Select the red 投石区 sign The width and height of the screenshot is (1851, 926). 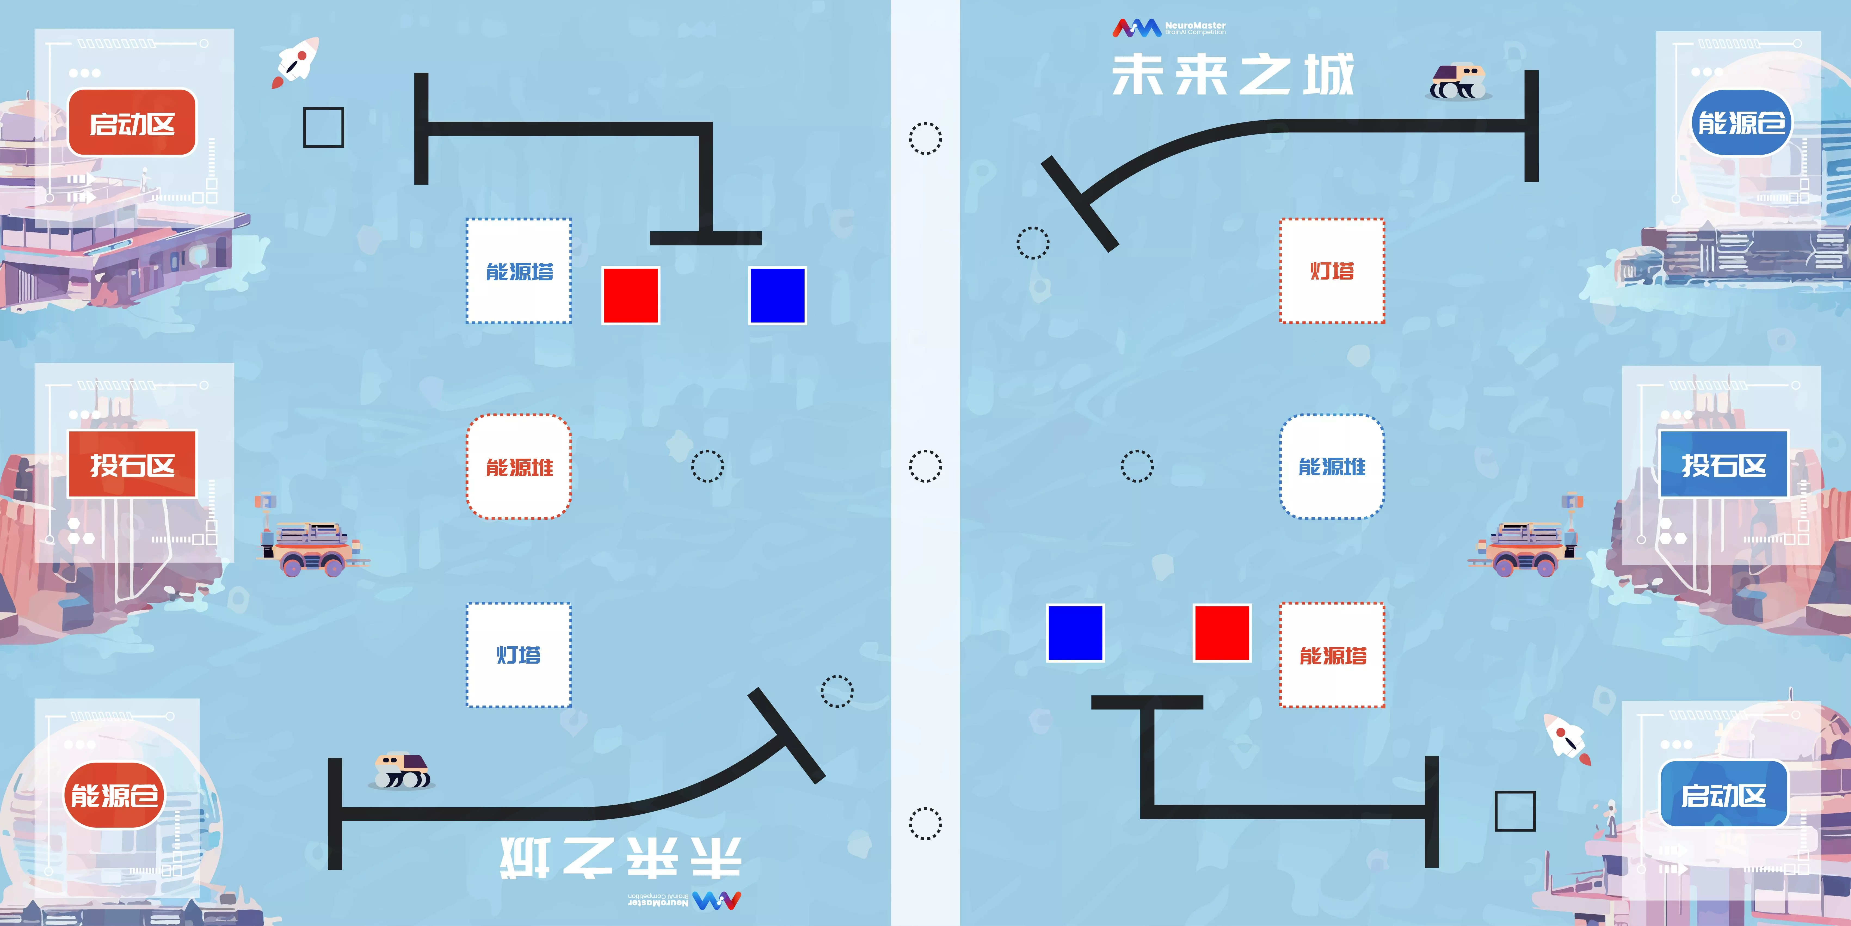132,464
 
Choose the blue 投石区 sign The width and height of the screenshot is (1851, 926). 1723,464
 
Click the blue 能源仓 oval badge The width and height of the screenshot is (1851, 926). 1740,122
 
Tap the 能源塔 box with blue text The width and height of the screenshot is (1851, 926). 519,271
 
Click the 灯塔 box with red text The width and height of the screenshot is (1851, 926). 1332,271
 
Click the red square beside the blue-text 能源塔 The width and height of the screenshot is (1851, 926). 631,296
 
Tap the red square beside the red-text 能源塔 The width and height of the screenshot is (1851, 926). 1222,633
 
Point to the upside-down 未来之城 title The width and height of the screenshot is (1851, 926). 621,857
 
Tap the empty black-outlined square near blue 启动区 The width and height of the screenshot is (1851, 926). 1515,811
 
